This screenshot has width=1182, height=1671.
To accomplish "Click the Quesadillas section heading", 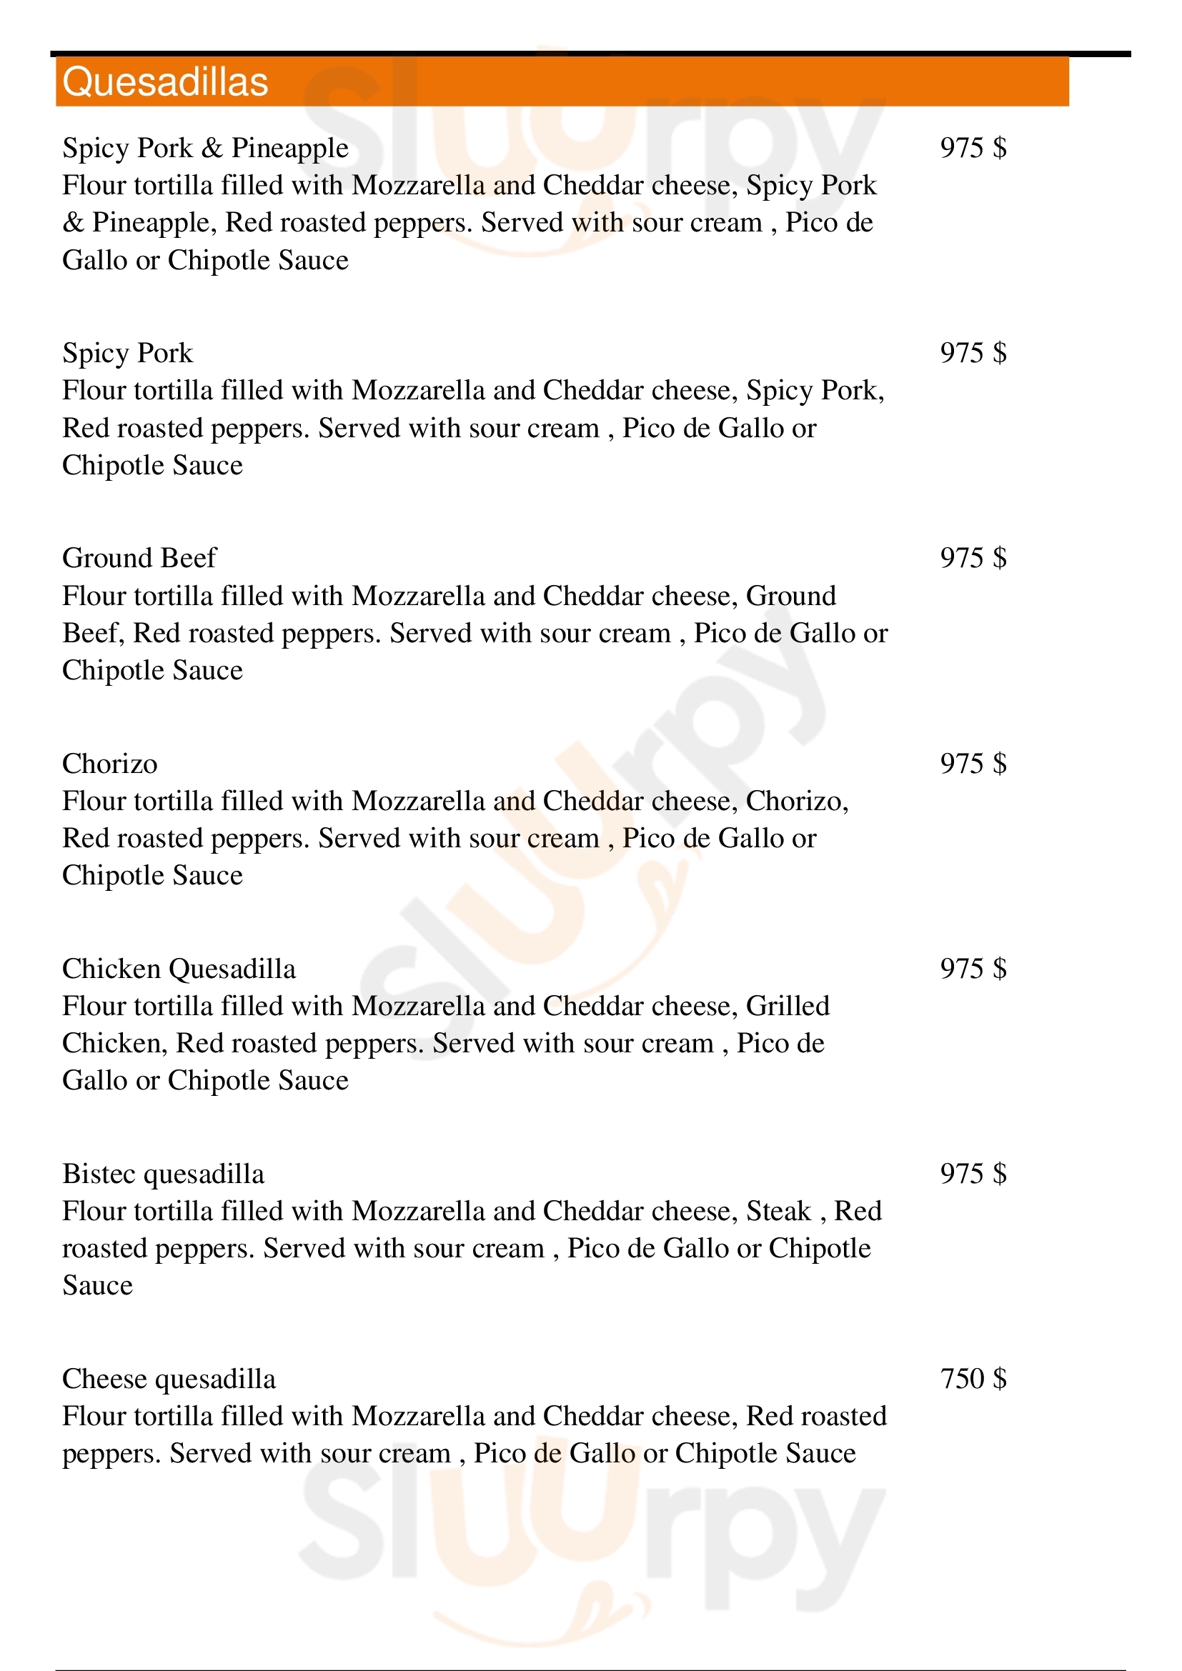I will (x=165, y=81).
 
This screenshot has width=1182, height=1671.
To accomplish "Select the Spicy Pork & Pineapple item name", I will (x=205, y=148).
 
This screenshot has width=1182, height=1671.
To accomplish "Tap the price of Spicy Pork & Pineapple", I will (x=973, y=148).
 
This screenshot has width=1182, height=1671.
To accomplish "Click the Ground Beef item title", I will (x=139, y=558).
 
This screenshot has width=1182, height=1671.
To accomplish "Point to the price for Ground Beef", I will (x=973, y=558).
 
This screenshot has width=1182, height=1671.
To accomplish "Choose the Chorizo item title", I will (x=110, y=764).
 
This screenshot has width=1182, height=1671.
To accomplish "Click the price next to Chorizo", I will (x=973, y=764).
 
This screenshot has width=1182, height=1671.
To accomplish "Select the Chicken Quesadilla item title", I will (x=179, y=969).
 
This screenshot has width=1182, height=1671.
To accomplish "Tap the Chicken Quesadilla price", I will (x=973, y=969).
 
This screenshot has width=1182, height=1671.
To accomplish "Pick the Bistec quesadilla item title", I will (x=163, y=1174).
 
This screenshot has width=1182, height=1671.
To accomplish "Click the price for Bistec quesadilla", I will (x=973, y=1174).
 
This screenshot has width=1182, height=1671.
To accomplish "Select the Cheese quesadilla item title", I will (x=169, y=1379).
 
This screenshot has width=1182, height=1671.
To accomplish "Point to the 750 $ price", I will (x=973, y=1379).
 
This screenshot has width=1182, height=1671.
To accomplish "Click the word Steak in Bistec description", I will (x=778, y=1211).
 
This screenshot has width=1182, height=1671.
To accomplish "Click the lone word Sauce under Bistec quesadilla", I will (x=97, y=1286).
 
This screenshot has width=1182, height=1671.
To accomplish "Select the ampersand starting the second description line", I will (x=73, y=223).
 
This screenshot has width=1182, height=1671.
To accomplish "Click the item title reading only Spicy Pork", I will (x=127, y=353).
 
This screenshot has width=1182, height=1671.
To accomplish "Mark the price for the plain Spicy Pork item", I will (x=973, y=353).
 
